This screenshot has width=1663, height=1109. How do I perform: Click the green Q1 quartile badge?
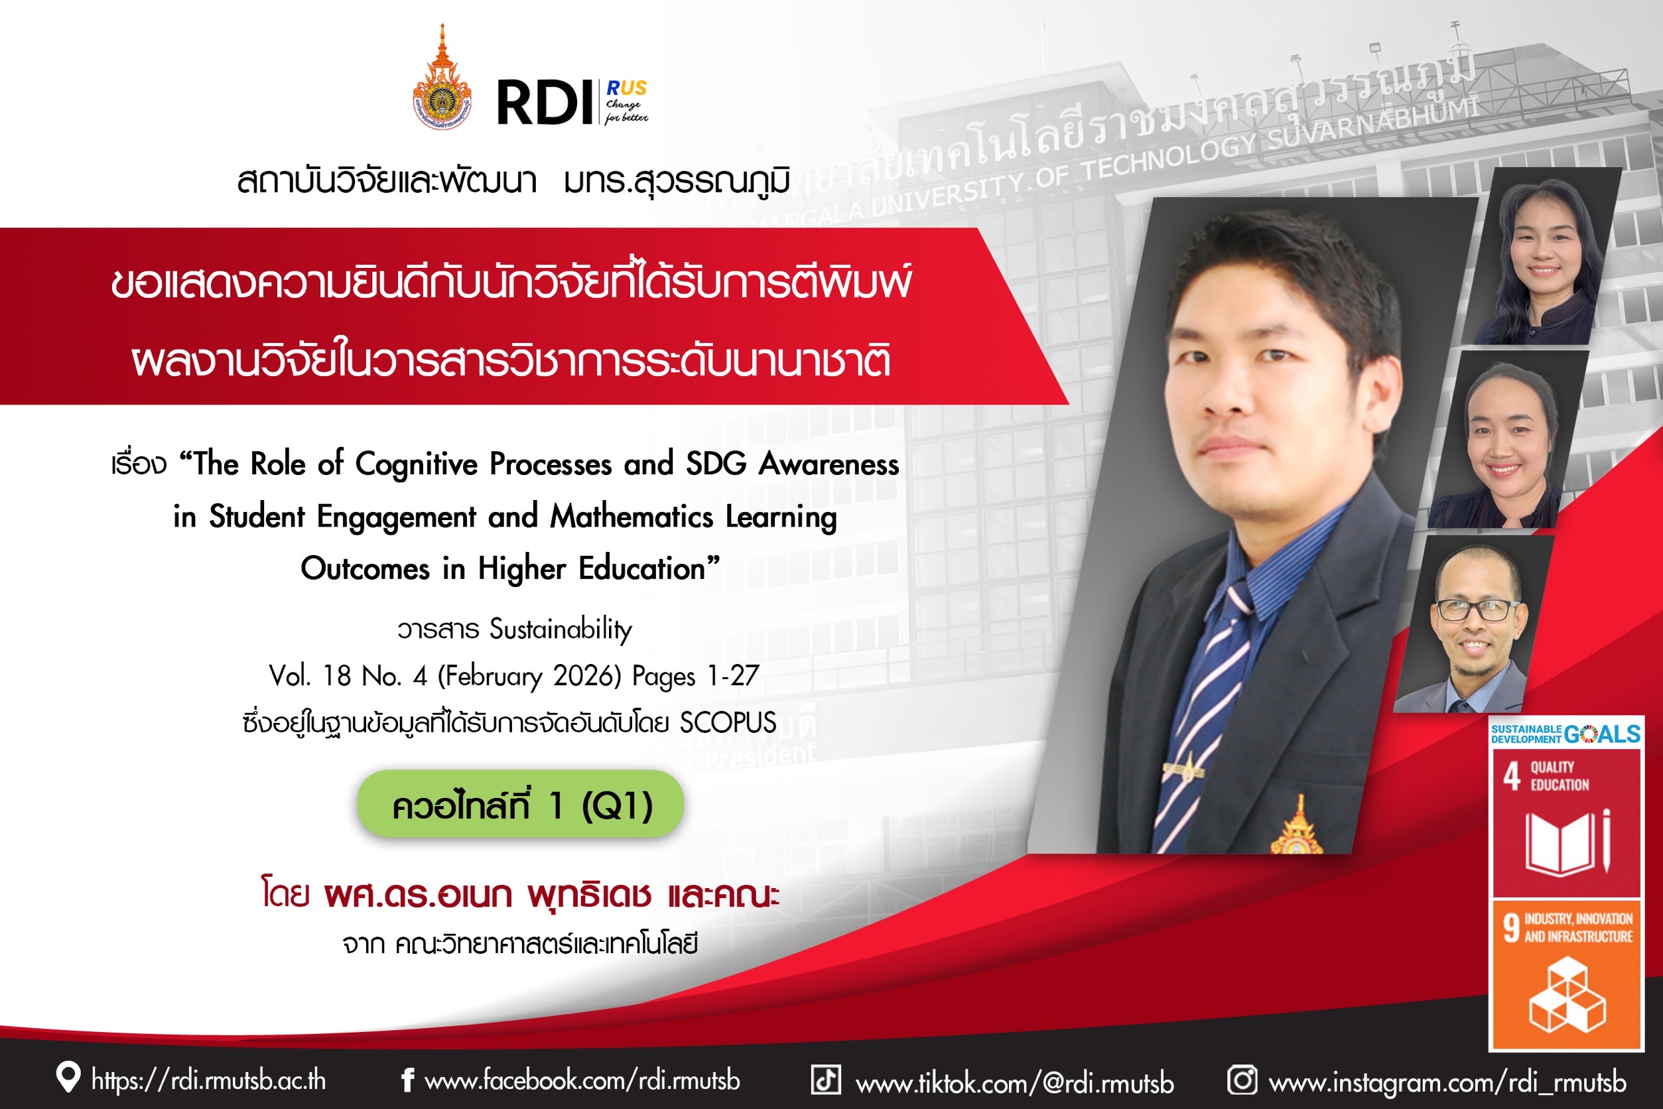[521, 804]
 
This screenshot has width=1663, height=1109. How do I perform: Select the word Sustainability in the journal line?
[561, 629]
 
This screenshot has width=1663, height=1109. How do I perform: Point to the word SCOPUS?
[728, 723]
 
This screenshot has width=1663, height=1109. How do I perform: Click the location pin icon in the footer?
[68, 1077]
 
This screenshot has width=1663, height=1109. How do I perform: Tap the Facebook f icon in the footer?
[407, 1080]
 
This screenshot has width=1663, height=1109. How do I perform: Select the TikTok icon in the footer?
[825, 1080]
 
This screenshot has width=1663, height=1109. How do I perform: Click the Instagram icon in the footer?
[1242, 1080]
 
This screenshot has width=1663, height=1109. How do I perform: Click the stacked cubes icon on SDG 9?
[1567, 994]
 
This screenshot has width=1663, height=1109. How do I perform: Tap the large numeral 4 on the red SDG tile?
[1512, 776]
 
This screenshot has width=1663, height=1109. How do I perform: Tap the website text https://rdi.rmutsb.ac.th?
[209, 1080]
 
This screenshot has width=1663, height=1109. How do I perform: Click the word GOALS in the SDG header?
[1602, 734]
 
